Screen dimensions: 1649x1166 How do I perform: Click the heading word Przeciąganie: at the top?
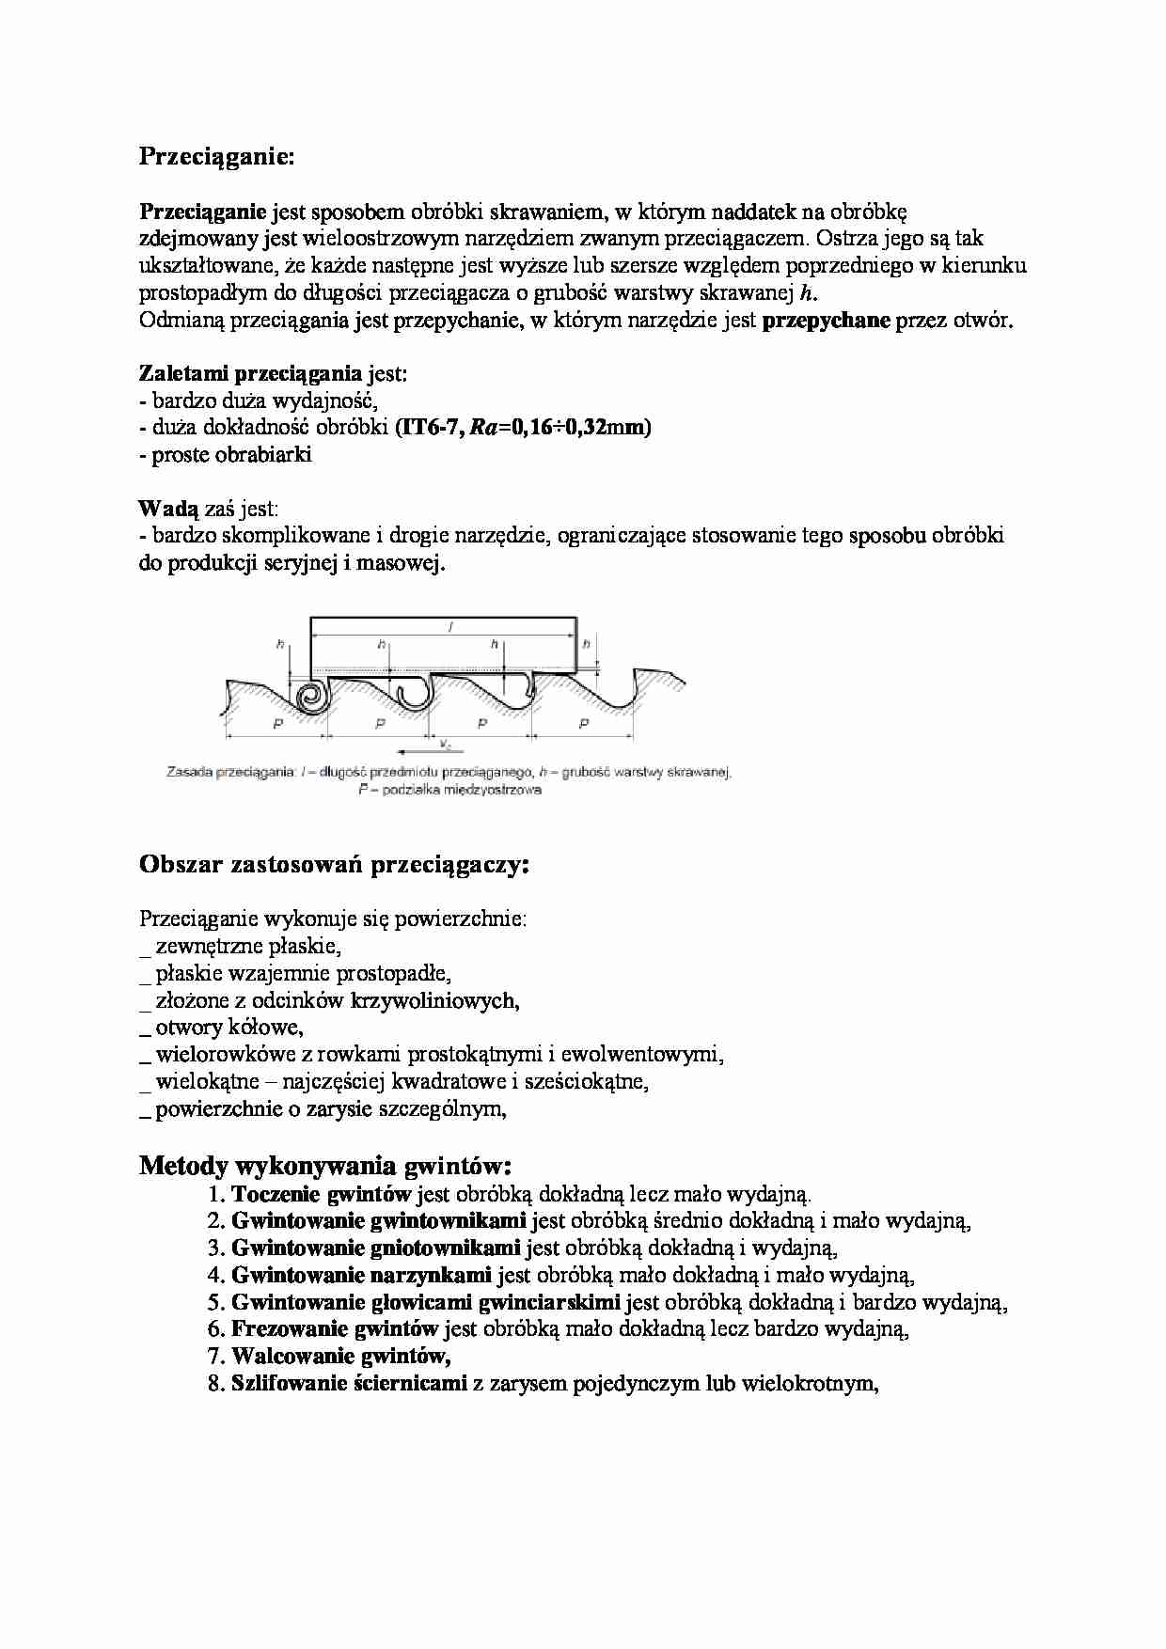[216, 157]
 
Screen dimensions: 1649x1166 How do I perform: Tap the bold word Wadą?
[168, 510]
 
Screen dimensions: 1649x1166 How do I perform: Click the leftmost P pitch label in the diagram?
[277, 723]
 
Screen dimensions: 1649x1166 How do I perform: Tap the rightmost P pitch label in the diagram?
[583, 723]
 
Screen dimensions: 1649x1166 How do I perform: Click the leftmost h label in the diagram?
[280, 644]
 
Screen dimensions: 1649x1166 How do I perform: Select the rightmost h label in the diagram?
[586, 644]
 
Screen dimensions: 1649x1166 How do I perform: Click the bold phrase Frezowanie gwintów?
[335, 1328]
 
